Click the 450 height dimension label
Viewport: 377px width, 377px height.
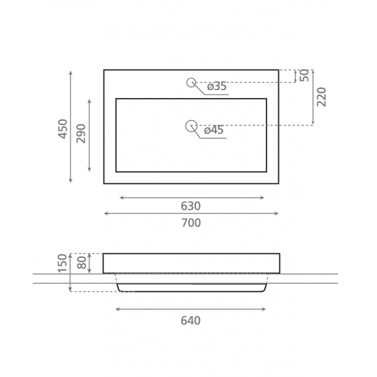(x=63, y=129)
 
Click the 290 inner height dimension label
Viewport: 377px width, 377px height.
(x=81, y=134)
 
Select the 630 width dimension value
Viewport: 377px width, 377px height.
(x=191, y=206)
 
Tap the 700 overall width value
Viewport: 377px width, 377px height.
(x=191, y=223)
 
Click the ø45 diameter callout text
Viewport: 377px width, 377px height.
(x=214, y=130)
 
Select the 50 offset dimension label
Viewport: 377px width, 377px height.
(x=304, y=76)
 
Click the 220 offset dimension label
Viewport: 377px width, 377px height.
(x=321, y=97)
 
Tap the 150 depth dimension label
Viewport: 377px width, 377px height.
(x=63, y=263)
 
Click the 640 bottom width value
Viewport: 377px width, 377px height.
(x=191, y=321)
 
